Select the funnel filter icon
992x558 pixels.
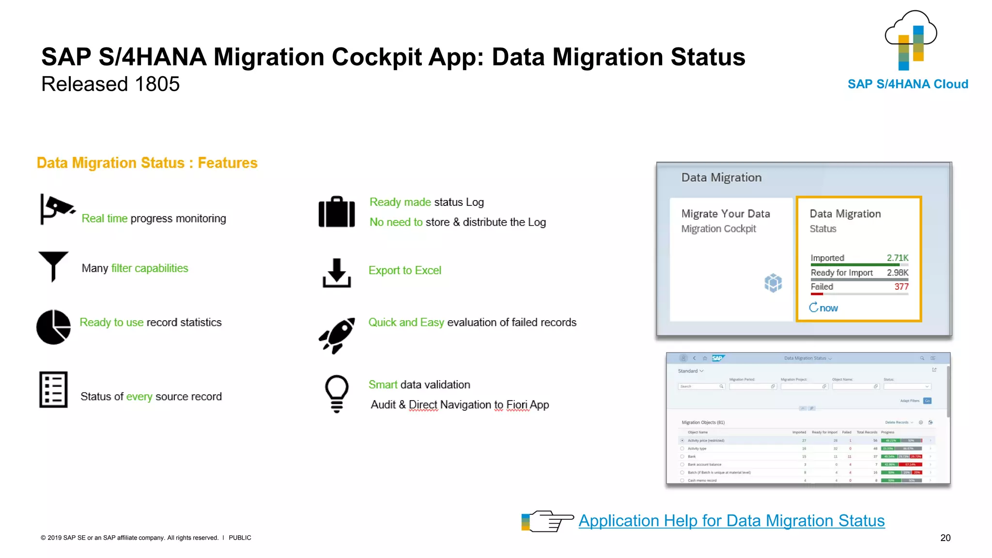[53, 266]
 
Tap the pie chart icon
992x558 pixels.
[54, 327]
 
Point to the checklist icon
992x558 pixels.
[53, 389]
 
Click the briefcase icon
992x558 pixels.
[337, 212]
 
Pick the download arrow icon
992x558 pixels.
[337, 273]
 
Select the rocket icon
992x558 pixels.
[337, 335]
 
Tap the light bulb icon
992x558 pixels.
[337, 394]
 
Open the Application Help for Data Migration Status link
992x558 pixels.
[731, 521]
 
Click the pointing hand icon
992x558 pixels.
[548, 521]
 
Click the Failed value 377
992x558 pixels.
[901, 287]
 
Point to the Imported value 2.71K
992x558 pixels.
[897, 258]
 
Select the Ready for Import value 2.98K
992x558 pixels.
[897, 273]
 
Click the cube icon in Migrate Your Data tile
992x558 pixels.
[773, 283]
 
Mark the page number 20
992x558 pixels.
[945, 538]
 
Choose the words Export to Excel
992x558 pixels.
[405, 270]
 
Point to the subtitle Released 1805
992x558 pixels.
[110, 84]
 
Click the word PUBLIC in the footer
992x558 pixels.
[240, 538]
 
